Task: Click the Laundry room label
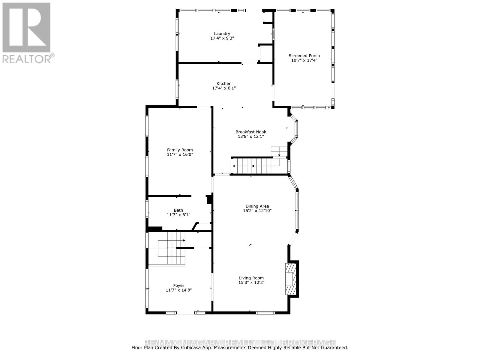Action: tap(222, 34)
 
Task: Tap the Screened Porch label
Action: tap(304, 55)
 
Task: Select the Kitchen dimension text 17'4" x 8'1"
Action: tap(224, 88)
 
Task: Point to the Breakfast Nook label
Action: tap(251, 132)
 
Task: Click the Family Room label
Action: tap(180, 150)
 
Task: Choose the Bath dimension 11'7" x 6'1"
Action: tap(178, 215)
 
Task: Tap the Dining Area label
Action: tap(257, 206)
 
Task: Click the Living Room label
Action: tap(251, 278)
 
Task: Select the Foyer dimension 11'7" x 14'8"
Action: tap(179, 290)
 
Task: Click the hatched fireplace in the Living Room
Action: tap(290, 279)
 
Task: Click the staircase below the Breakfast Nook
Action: tap(255, 166)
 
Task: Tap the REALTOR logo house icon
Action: tap(26, 27)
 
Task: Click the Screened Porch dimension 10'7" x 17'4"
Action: tap(304, 60)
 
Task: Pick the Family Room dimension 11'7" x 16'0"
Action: tap(180, 154)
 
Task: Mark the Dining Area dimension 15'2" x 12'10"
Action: tap(257, 211)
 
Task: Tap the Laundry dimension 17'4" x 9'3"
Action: tap(222, 38)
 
